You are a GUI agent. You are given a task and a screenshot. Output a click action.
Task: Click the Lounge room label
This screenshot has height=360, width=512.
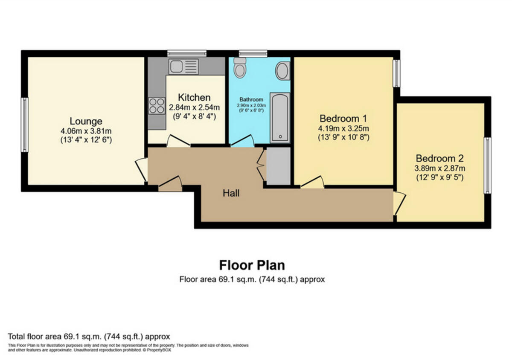pyautogui.click(x=86, y=121)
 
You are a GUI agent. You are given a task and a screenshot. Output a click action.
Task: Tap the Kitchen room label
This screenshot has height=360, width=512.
pyautogui.click(x=194, y=97)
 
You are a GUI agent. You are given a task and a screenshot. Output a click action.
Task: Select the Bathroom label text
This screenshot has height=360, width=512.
pyautogui.click(x=251, y=99)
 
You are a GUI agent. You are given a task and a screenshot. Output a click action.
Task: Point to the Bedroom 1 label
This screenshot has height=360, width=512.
pyautogui.click(x=343, y=118)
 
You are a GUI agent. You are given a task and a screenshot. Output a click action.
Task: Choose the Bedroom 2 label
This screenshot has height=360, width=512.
pyautogui.click(x=439, y=157)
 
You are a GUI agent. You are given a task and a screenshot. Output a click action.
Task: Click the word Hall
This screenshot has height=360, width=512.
pyautogui.click(x=231, y=193)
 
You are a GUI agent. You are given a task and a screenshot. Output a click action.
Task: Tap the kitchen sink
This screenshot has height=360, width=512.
pyautogui.click(x=183, y=67)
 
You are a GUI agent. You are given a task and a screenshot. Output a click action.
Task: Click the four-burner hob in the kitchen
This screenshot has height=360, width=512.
pyautogui.click(x=157, y=105)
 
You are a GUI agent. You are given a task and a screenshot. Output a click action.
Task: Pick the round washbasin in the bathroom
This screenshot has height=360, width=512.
pyautogui.click(x=282, y=71)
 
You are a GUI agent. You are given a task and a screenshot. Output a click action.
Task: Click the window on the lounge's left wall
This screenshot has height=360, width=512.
pyautogui.click(x=25, y=125)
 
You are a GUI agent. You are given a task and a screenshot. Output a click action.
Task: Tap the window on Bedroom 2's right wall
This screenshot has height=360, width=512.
pyautogui.click(x=487, y=165)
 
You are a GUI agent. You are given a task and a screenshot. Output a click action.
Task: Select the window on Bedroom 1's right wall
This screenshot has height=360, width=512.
pyautogui.click(x=396, y=73)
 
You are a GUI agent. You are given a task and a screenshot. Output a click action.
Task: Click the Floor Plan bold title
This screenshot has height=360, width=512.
pyautogui.click(x=252, y=265)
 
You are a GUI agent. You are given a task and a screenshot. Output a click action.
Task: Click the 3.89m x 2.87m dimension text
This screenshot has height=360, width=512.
pyautogui.click(x=439, y=168)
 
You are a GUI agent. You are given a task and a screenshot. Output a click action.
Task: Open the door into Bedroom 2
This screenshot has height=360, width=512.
pyautogui.click(x=399, y=203)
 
